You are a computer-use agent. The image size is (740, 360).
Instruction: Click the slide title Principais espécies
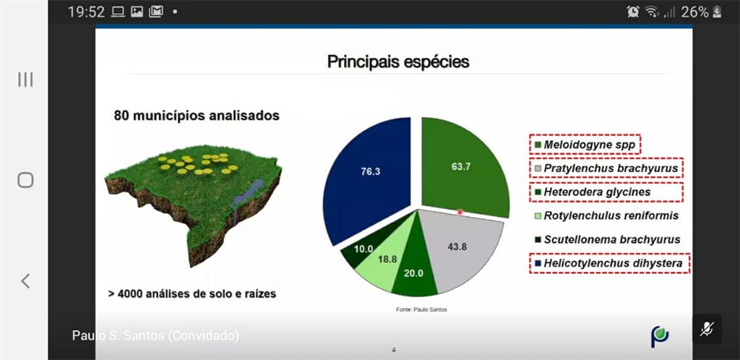[398, 62]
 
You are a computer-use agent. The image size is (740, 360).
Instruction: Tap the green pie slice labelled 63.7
[463, 165]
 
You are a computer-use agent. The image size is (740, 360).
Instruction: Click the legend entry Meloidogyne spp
[585, 145]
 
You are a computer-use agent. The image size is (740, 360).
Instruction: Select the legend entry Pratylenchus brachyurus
[606, 168]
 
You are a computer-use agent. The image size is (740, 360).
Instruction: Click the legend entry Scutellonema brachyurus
[607, 239]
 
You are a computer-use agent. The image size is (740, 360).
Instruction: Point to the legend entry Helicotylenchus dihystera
[608, 263]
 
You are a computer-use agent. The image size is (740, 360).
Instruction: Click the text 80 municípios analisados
[197, 116]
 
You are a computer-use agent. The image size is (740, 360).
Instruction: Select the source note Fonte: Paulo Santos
[421, 309]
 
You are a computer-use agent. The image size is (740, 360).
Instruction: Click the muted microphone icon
[707, 329]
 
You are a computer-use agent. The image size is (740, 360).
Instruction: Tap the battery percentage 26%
[694, 12]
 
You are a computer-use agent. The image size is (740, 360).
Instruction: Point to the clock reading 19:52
[87, 12]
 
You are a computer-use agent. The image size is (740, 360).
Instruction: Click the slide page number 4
[394, 350]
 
